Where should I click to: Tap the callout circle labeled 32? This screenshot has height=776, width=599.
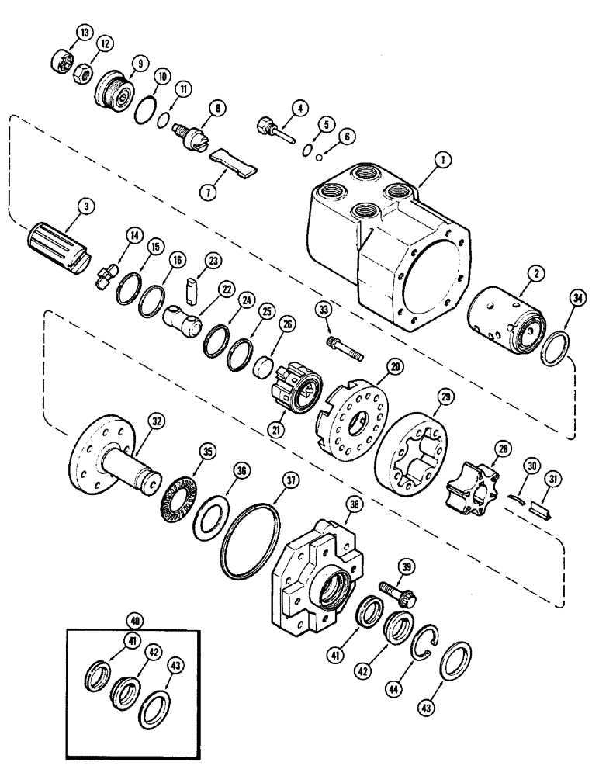pos(157,422)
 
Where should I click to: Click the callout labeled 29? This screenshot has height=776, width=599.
pos(445,397)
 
